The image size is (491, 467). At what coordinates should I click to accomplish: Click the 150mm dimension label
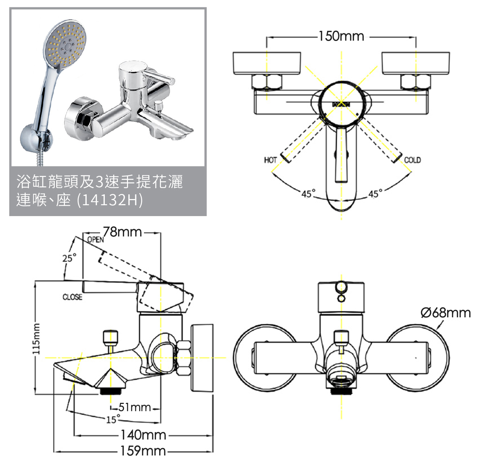click(341, 36)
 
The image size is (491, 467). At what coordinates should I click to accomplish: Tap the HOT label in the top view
click(270, 160)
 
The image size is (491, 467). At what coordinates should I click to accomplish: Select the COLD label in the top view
click(412, 160)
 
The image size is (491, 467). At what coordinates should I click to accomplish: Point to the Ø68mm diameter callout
click(446, 313)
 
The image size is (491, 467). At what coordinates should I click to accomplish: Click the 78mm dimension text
click(122, 232)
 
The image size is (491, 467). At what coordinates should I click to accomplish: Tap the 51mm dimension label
click(135, 407)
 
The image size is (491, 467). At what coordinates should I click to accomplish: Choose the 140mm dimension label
click(143, 435)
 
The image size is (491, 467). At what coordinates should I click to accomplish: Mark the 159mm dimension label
click(143, 451)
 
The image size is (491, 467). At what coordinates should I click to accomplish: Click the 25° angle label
click(69, 258)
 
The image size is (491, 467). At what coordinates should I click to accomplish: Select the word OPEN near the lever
click(95, 240)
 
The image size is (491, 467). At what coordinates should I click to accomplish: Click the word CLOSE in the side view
click(73, 297)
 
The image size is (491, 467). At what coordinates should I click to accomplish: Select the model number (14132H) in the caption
click(110, 200)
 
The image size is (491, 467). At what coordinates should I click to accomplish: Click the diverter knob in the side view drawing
click(110, 337)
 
